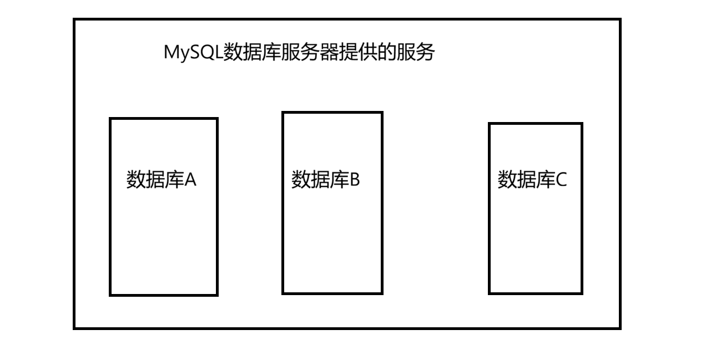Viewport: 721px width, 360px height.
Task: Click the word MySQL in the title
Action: point(193,54)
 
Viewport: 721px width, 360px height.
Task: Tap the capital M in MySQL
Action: point(172,53)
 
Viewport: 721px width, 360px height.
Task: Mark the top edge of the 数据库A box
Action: point(163,118)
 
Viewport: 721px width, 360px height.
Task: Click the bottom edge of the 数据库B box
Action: point(332,293)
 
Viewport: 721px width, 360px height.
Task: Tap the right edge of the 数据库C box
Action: point(582,209)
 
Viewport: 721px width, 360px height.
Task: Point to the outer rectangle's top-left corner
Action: point(74,19)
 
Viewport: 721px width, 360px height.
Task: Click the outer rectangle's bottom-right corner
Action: point(619,328)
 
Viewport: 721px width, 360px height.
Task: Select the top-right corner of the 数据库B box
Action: point(381,113)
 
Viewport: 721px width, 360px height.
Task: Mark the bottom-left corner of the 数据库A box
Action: point(110,295)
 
